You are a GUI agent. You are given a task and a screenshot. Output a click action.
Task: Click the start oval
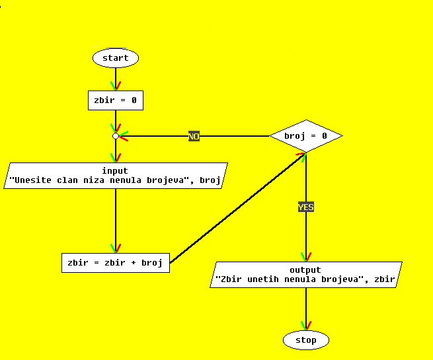pyautogui.click(x=116, y=58)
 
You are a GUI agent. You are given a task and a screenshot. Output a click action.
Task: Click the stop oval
pyautogui.click(x=306, y=340)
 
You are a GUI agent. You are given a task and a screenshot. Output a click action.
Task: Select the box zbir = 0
pyautogui.click(x=116, y=100)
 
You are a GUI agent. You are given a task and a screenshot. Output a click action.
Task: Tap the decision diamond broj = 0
pyautogui.click(x=306, y=136)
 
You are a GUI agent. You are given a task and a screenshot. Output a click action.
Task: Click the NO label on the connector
pyautogui.click(x=194, y=136)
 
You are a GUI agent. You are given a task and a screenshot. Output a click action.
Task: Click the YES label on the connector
pyautogui.click(x=306, y=207)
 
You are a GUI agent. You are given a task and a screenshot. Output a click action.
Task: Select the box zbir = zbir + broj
pyautogui.click(x=115, y=262)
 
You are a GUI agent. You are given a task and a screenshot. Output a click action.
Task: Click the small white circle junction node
pyautogui.click(x=116, y=136)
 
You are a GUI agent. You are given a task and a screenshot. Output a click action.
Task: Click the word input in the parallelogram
pyautogui.click(x=115, y=171)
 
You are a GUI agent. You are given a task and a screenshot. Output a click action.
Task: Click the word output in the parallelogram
pyautogui.click(x=305, y=270)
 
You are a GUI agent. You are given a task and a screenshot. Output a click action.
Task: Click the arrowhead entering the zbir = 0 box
pyautogui.click(x=116, y=87)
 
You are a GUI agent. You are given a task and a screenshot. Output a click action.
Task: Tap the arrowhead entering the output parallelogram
pyautogui.click(x=306, y=257)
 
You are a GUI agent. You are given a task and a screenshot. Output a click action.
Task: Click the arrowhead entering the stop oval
pyautogui.click(x=306, y=326)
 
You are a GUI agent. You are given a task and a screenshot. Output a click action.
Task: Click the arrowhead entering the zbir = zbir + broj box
pyautogui.click(x=116, y=248)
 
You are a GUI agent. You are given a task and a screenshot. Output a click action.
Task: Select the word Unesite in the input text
pyautogui.click(x=32, y=180)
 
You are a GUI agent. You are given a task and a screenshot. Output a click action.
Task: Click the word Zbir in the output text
pyautogui.click(x=233, y=279)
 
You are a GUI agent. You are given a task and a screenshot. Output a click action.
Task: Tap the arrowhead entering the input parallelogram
pyautogui.click(x=116, y=158)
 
